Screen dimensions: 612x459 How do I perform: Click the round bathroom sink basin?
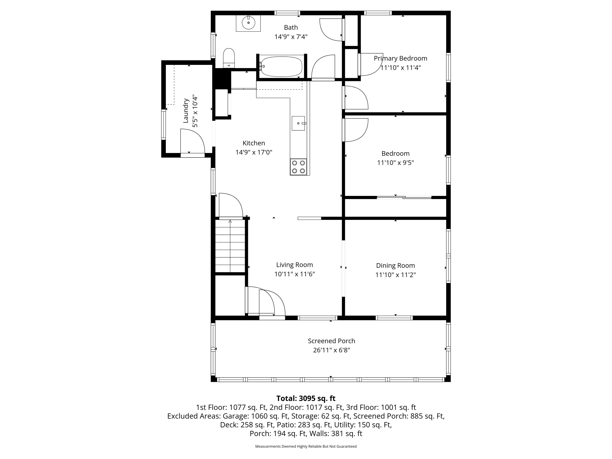(248, 23)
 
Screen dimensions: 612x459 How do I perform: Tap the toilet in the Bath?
(229, 58)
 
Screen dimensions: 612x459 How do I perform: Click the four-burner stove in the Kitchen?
(298, 167)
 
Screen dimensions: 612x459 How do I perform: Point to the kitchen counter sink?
(298, 123)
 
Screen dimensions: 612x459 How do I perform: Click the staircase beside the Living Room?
(230, 246)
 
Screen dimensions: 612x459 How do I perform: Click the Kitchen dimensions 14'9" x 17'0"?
(254, 152)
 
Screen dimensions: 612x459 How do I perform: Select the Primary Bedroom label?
(400, 58)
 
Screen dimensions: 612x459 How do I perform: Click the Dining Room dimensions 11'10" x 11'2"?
(395, 275)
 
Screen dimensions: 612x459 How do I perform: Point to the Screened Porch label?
(331, 341)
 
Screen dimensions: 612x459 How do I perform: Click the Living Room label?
(294, 265)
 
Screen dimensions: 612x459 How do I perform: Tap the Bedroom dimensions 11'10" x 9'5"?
(395, 162)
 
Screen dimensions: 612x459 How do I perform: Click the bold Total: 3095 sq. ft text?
(306, 398)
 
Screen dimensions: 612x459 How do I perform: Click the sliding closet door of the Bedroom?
(404, 197)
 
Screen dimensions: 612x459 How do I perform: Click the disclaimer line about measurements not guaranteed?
(306, 446)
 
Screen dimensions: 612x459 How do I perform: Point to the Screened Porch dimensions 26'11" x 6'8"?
(331, 350)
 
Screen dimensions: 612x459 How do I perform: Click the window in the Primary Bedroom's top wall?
(378, 13)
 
